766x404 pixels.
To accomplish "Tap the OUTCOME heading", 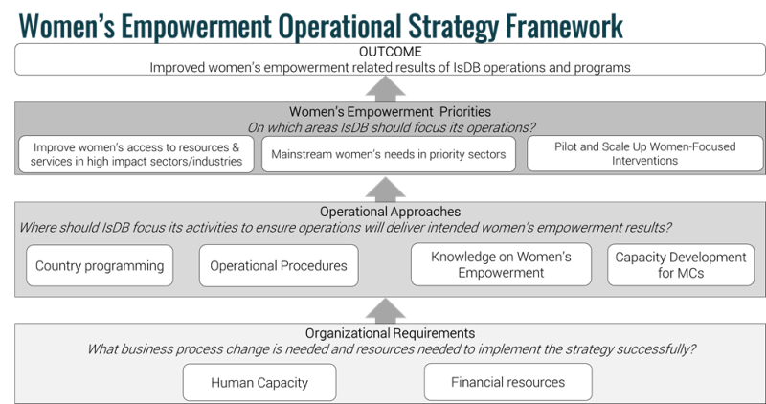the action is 390,52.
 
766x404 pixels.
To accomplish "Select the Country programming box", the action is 100,266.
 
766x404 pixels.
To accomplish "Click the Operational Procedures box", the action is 279,266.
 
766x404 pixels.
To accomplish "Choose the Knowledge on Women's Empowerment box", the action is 501,264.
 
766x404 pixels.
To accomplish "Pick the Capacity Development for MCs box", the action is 681,265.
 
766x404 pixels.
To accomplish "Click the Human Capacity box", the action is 259,382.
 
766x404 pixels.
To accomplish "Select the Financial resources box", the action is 508,382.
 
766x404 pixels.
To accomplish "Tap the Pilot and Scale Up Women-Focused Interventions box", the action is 644,154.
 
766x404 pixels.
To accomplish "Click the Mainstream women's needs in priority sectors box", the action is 389,154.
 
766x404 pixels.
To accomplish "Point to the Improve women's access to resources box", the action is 136,154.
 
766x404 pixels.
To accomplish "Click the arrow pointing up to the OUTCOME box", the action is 386,89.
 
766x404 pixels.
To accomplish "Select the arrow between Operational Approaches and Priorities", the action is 386,190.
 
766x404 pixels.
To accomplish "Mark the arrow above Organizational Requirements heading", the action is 386,311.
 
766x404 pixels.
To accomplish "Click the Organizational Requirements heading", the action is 390,333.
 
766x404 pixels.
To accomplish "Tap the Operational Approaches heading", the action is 390,212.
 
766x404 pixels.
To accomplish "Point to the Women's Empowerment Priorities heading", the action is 390,111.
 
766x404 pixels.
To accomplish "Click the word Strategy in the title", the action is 453,27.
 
